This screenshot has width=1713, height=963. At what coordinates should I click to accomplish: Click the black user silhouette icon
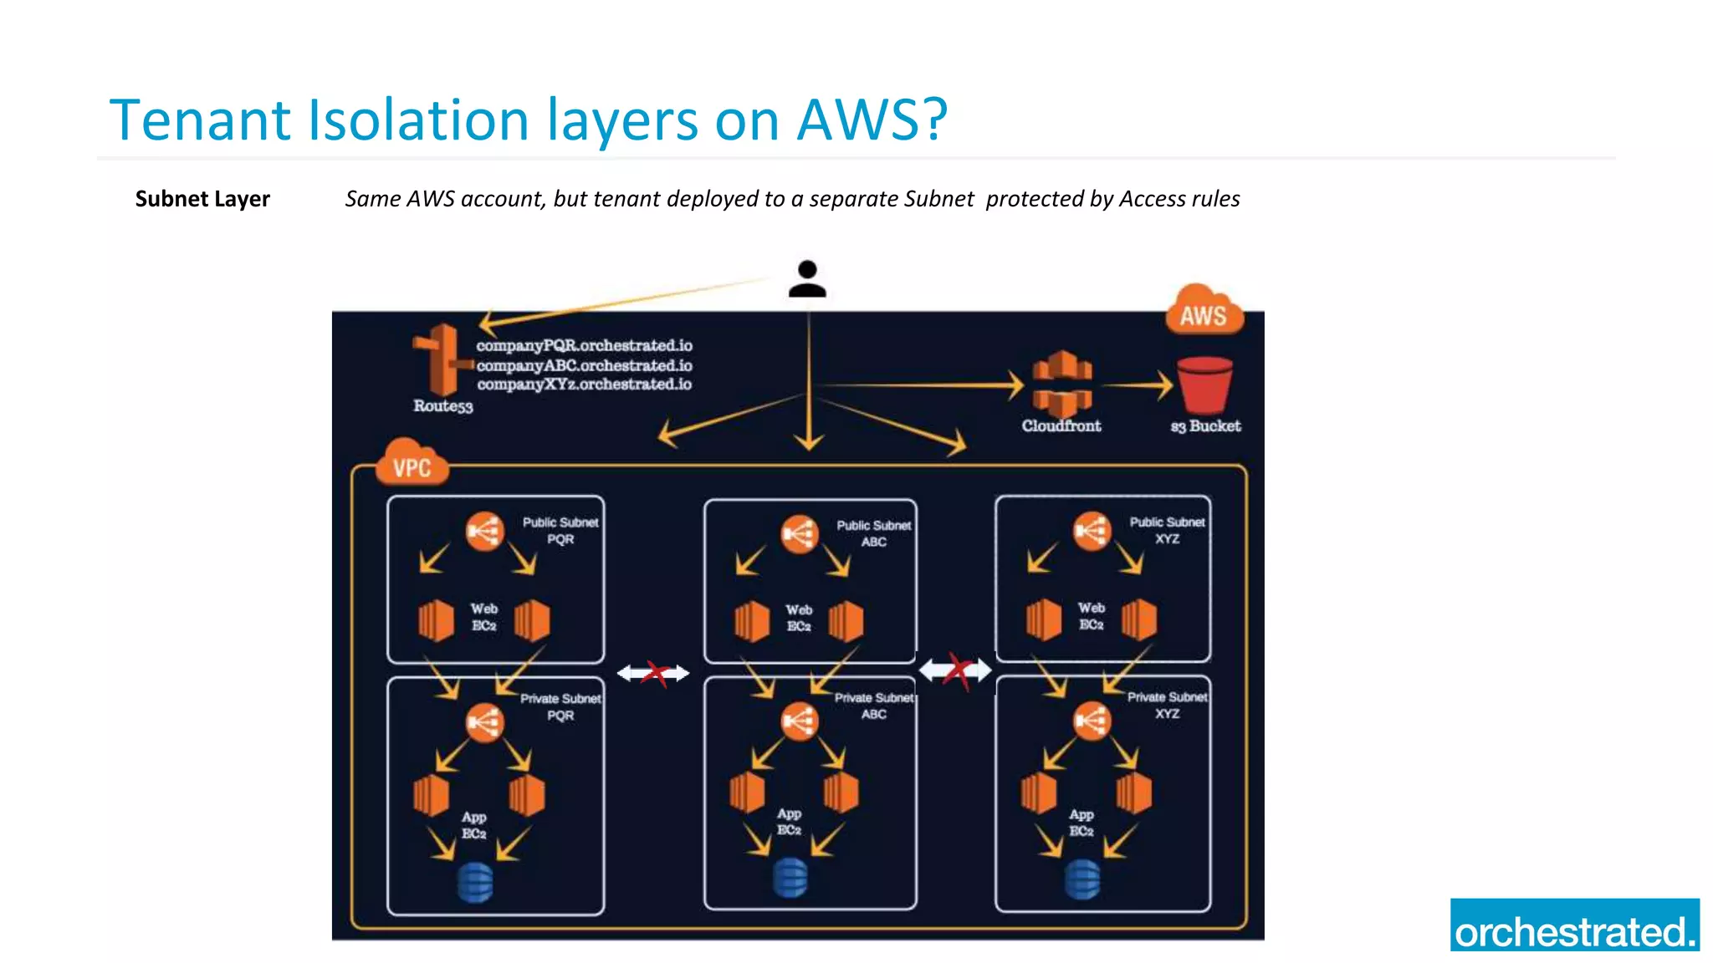pos(807,280)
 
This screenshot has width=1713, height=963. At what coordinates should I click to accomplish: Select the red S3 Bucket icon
pos(1204,385)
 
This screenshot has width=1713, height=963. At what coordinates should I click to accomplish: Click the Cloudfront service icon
pos(1061,384)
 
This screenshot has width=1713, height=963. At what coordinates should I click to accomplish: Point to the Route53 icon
pos(442,360)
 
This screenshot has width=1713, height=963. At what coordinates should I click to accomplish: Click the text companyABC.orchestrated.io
pos(584,365)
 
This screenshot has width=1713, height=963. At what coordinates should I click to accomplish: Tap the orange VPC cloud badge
pos(412,465)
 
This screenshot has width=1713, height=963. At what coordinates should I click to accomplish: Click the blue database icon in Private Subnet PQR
pos(475,882)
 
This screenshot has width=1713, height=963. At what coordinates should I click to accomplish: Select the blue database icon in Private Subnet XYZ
pos(1082,879)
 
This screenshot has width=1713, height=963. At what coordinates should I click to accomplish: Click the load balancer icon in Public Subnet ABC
pos(799,533)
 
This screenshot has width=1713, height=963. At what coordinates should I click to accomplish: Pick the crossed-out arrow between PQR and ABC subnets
pos(653,673)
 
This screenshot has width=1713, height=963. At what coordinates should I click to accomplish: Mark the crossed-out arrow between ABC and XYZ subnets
pos(955,670)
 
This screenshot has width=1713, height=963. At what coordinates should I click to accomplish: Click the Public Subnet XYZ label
pos(1167,530)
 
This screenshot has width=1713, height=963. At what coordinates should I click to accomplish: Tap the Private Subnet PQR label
pos(560,706)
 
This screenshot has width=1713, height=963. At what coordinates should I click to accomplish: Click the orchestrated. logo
pos(1574,925)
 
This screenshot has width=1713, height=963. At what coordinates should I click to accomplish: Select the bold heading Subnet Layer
pos(202,199)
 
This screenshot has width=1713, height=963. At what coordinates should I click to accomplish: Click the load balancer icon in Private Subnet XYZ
pos(1091,720)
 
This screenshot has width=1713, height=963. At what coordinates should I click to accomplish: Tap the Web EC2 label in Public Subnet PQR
pos(483,617)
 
